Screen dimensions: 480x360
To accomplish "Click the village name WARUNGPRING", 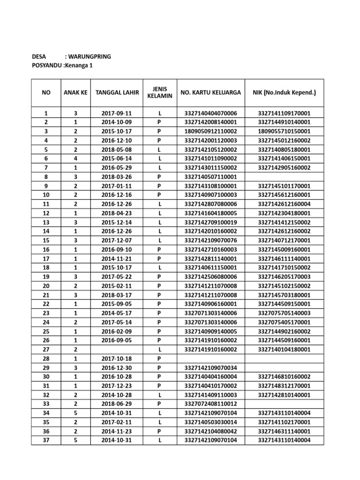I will pyautogui.click(x=91, y=57).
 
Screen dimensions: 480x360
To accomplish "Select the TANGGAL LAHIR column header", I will pyautogui.click(x=117, y=92).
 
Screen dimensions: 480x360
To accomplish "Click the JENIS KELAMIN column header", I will pyautogui.click(x=159, y=92).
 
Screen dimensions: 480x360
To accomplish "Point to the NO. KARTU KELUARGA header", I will pyautogui.click(x=211, y=92).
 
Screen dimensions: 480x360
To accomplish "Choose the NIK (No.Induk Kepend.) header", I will pyautogui.click(x=285, y=92).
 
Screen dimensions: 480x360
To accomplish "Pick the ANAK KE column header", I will pyautogui.click(x=75, y=92).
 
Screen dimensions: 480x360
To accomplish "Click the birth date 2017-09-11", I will pyautogui.click(x=117, y=113).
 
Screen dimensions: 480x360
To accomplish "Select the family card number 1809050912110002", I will pyautogui.click(x=211, y=132).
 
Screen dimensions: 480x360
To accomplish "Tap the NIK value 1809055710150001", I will pyautogui.click(x=285, y=132).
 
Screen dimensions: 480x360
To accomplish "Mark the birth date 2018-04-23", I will pyautogui.click(x=117, y=213).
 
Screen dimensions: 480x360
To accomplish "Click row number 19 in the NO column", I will pyautogui.click(x=46, y=277).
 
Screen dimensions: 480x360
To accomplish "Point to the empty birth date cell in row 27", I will pyautogui.click(x=117, y=349).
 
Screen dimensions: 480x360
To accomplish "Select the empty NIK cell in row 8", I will pyautogui.click(x=285, y=177).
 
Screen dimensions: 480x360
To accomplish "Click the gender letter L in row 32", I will pyautogui.click(x=159, y=395).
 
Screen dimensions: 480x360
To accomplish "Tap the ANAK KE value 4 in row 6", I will pyautogui.click(x=75, y=159).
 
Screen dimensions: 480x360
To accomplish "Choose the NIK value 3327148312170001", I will pyautogui.click(x=285, y=386).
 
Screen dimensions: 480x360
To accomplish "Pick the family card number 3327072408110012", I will pyautogui.click(x=211, y=404).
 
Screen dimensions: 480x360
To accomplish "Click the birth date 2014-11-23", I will pyautogui.click(x=117, y=431).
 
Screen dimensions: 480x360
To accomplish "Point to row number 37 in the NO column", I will pyautogui.click(x=46, y=440).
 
